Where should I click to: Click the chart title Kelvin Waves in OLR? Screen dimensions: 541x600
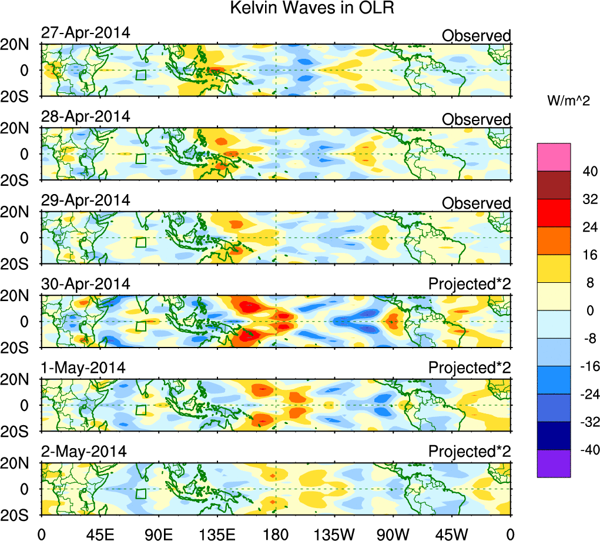(300, 9)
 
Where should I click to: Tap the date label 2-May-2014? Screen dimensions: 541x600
(83, 452)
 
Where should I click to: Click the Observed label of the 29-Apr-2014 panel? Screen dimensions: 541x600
(476, 203)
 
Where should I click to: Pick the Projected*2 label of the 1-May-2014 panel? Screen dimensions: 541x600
(470, 368)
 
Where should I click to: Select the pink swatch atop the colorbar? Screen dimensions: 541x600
(554, 156)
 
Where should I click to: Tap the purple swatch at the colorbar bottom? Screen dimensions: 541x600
(554, 463)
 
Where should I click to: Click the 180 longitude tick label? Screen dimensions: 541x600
(276, 533)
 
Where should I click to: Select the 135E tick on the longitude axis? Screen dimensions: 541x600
(217, 533)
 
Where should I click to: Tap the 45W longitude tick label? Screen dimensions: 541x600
(452, 533)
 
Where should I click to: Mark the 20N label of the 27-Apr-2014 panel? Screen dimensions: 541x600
(20, 45)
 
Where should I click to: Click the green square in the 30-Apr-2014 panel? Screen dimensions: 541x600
(140, 326)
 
